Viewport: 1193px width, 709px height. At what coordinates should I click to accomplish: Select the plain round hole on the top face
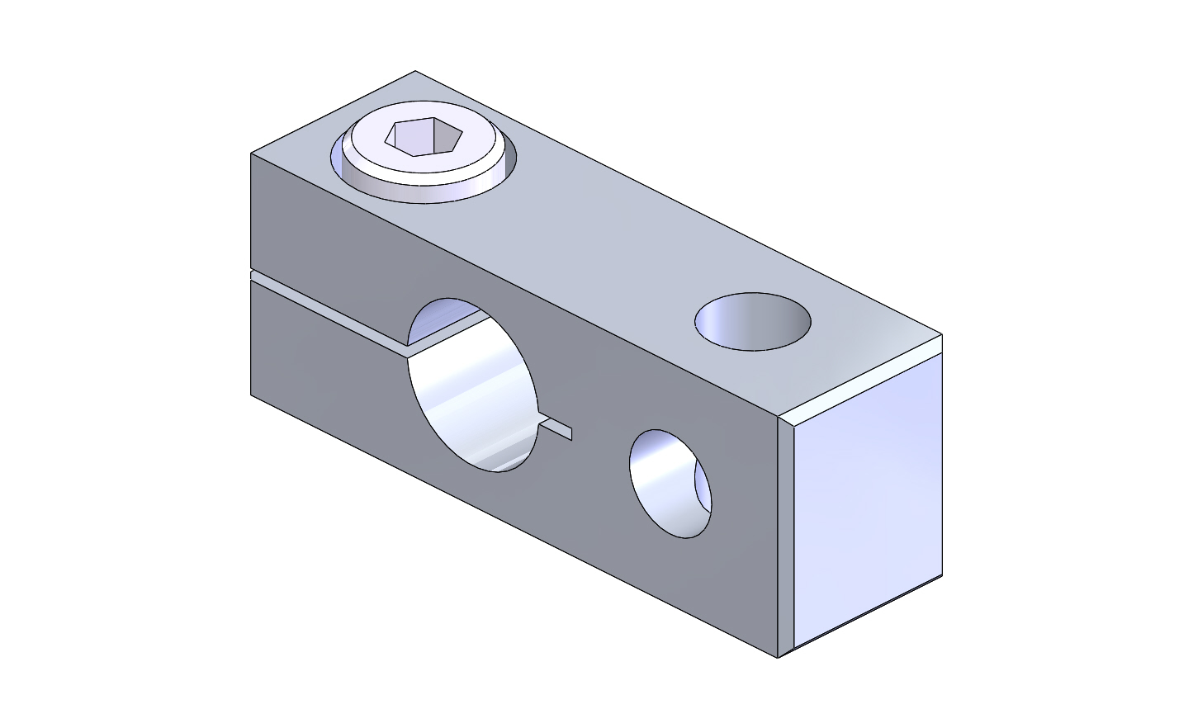point(752,321)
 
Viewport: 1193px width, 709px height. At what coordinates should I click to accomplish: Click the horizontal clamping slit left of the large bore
point(330,310)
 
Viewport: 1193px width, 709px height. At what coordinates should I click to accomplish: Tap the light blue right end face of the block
point(867,495)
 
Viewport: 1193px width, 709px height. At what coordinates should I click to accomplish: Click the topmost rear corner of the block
point(414,71)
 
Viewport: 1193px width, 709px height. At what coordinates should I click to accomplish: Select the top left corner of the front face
point(251,154)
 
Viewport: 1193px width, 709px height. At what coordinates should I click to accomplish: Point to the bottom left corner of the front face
point(251,395)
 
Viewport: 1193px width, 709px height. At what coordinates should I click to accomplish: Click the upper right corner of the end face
point(942,335)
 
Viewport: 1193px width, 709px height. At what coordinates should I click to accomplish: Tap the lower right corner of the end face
point(942,575)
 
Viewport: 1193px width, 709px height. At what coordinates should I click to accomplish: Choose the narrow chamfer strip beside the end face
point(785,536)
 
